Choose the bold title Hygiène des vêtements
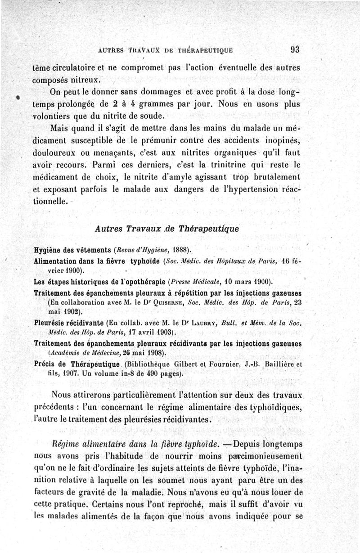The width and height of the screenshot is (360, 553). (x=72, y=250)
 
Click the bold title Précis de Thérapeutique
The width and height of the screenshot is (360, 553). (x=76, y=364)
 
